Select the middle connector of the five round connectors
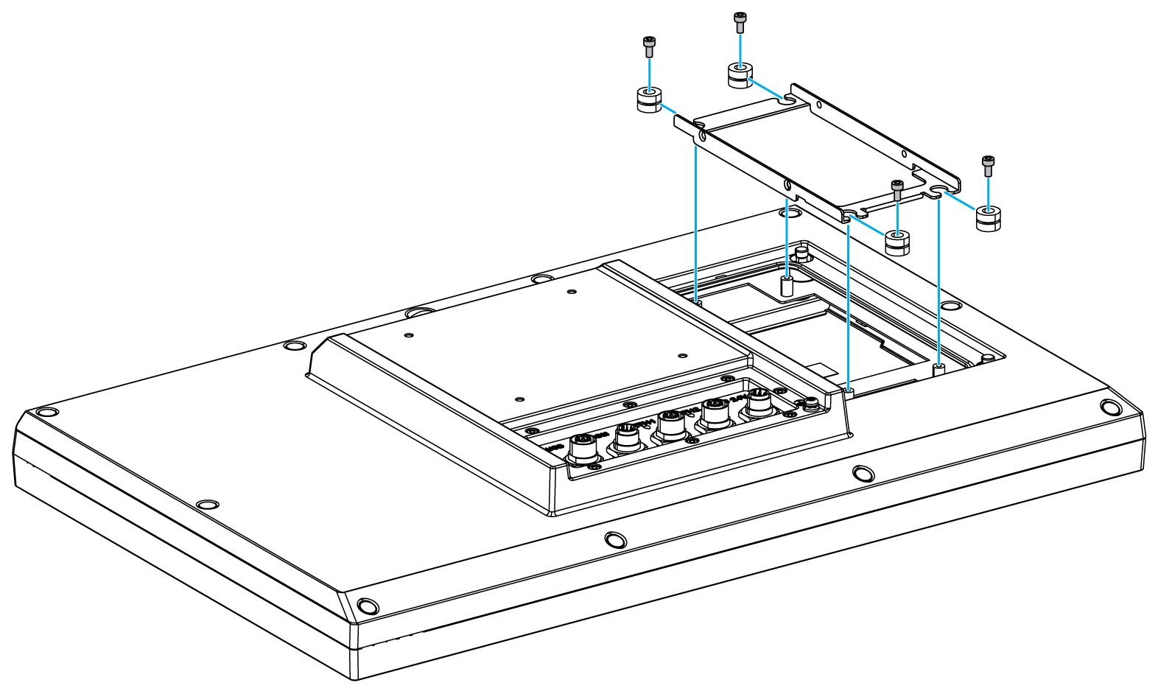(x=670, y=424)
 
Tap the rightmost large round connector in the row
(x=757, y=404)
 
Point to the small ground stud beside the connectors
(x=810, y=404)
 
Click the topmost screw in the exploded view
(x=740, y=21)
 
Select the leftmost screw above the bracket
(x=649, y=46)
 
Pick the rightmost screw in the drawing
(x=988, y=166)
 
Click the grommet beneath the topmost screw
(x=740, y=75)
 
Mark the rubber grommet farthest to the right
(x=988, y=219)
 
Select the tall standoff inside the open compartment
(x=787, y=286)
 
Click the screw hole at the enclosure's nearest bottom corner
(x=365, y=606)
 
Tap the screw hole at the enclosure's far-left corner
(x=44, y=411)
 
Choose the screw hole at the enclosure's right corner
(x=1109, y=406)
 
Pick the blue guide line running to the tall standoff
(x=787, y=236)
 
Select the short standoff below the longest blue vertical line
(x=849, y=391)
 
